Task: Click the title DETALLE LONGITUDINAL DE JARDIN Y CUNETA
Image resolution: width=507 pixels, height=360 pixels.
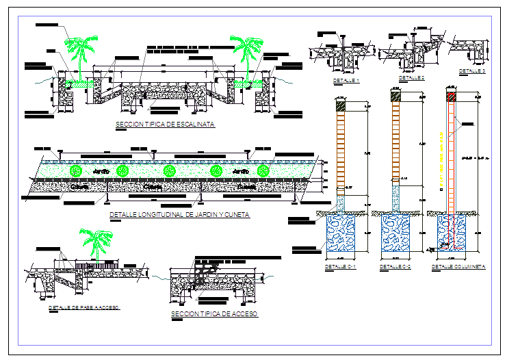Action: (x=180, y=214)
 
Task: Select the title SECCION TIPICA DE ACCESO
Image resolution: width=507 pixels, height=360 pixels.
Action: (x=214, y=313)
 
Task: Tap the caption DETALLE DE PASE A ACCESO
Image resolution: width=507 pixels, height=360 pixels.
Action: (x=84, y=308)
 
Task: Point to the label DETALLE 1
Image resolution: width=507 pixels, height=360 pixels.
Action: (x=346, y=81)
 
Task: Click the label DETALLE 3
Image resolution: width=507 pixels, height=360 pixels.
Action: (x=472, y=70)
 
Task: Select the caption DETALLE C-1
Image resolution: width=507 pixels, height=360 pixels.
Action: (x=341, y=266)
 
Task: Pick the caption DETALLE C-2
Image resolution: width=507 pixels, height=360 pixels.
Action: (x=395, y=266)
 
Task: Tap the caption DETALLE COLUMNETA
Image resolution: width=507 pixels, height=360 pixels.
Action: (x=458, y=266)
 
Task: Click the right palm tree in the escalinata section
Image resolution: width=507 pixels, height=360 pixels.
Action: (x=245, y=55)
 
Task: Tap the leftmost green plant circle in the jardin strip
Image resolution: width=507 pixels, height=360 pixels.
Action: (x=76, y=170)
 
